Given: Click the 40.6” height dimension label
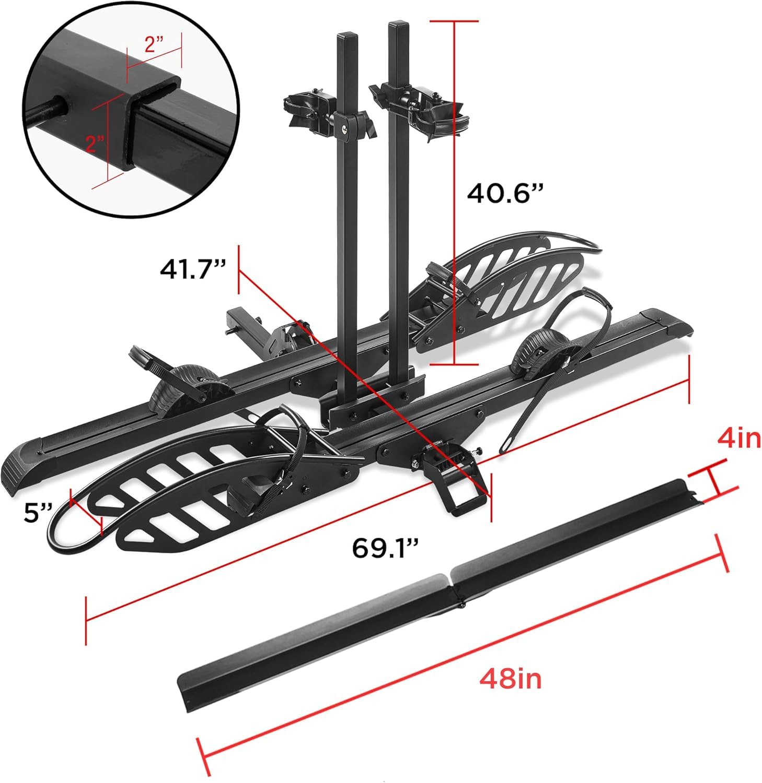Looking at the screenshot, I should [505, 194].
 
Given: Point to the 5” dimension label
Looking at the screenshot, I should [39, 514].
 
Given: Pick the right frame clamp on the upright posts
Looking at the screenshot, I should [418, 107].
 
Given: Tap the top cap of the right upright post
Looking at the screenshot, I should [397, 24].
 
